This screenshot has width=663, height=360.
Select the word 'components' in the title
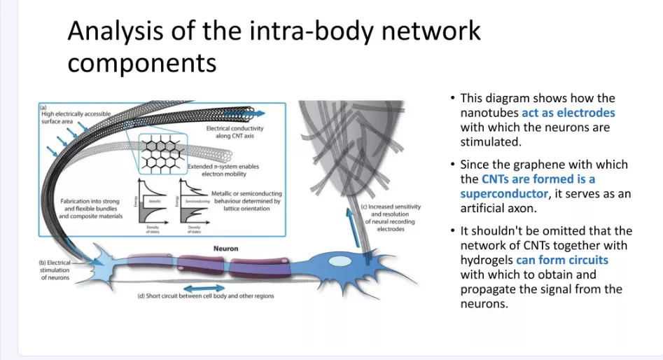pyautogui.click(x=142, y=63)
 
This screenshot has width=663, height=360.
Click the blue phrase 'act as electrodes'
pyautogui.click(x=568, y=113)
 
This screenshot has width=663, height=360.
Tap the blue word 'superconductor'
pyautogui.click(x=503, y=193)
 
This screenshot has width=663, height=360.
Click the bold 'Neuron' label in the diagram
pyautogui.click(x=225, y=248)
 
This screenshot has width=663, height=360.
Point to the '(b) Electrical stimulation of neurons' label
pyautogui.click(x=54, y=269)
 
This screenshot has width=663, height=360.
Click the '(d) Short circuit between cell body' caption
pyautogui.click(x=205, y=296)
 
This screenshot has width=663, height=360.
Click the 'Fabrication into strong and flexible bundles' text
pyautogui.click(x=91, y=209)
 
